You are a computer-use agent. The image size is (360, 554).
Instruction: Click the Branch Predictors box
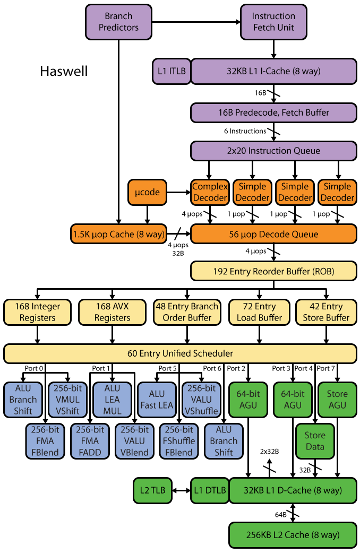118,22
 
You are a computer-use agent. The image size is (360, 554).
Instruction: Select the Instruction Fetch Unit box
273,22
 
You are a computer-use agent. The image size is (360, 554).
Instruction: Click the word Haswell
64,71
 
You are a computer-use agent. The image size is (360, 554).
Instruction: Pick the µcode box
147,192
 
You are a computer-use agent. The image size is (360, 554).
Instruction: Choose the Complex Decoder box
210,192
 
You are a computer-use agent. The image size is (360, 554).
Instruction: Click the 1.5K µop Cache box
118,233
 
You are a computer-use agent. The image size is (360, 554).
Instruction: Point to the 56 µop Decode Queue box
273,233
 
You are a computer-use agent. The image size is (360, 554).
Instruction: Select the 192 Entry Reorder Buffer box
273,272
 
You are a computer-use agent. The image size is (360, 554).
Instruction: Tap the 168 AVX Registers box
112,312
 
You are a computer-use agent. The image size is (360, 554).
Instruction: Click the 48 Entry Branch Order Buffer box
186,312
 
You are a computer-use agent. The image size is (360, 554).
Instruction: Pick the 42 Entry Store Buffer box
326,312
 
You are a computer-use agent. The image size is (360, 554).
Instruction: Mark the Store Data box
315,440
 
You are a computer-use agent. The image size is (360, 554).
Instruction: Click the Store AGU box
337,399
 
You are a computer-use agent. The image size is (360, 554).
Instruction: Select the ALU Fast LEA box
157,399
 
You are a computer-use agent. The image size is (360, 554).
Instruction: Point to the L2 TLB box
152,490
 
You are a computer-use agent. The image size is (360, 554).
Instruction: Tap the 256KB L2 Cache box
292,534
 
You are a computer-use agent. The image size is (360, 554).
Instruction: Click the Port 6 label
212,368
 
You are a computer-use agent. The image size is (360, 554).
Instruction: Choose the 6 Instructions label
245,131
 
